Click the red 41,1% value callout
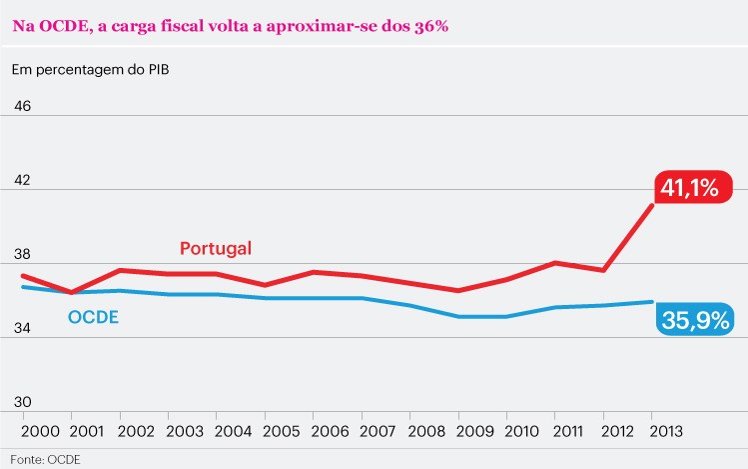click(x=694, y=187)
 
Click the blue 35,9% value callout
click(x=694, y=320)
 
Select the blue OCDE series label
click(x=93, y=318)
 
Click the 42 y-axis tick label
click(x=22, y=181)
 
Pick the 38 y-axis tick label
click(x=22, y=254)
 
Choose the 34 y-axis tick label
click(x=22, y=328)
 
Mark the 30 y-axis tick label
click(x=22, y=401)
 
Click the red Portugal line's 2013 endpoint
click(x=651, y=205)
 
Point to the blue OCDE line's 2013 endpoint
click(x=651, y=301)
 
